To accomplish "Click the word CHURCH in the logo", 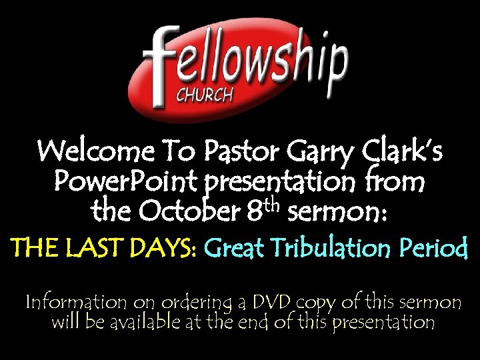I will coord(204,95).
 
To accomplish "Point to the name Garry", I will coord(321,155).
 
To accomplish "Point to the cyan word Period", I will coord(440,249).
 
